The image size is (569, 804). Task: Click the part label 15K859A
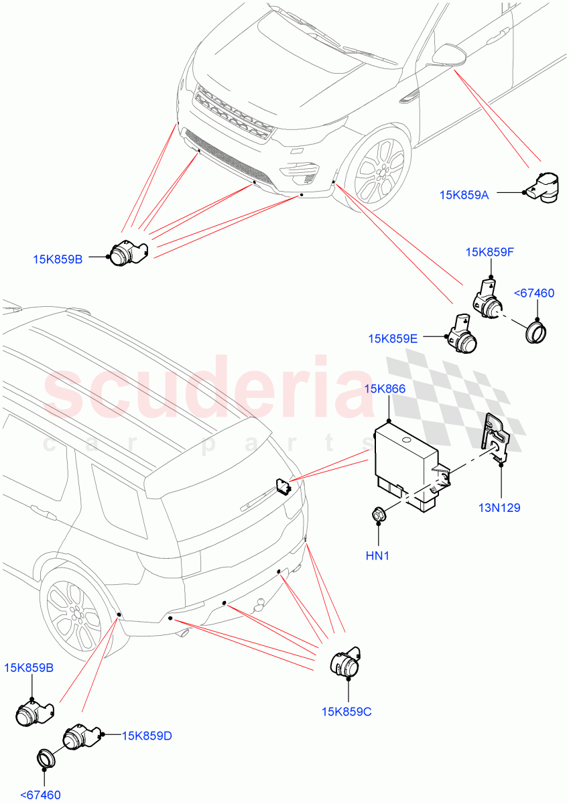pyautogui.click(x=464, y=195)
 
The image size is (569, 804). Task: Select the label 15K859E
pyautogui.click(x=393, y=339)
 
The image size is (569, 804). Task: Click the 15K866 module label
pyautogui.click(x=384, y=389)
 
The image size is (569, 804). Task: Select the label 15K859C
pyautogui.click(x=346, y=712)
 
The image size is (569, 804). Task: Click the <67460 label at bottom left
pyautogui.click(x=41, y=795)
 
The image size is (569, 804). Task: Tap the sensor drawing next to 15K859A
pyautogui.click(x=545, y=187)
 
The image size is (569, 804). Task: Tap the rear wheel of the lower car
pyautogui.click(x=76, y=614)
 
